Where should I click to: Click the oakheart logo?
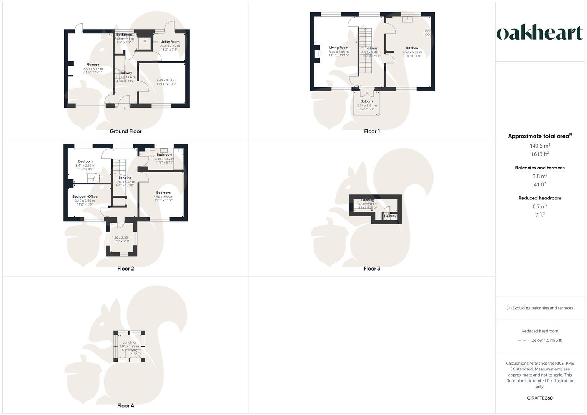click(x=539, y=33)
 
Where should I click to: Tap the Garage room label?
click(x=93, y=65)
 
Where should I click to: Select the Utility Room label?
click(x=170, y=42)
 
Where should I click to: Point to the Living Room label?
click(x=339, y=48)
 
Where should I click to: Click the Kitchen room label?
click(x=412, y=48)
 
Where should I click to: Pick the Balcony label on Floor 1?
click(x=367, y=101)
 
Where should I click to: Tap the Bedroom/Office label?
click(x=85, y=196)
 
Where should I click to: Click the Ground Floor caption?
click(x=126, y=131)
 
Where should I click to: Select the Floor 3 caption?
click(x=372, y=269)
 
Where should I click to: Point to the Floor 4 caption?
click(x=126, y=406)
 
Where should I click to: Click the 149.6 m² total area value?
click(x=540, y=146)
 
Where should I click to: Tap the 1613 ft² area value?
click(x=540, y=154)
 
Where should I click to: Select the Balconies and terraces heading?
click(x=540, y=168)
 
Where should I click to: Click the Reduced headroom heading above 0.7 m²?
click(x=540, y=198)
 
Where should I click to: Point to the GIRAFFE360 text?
click(x=540, y=398)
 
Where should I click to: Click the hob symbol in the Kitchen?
click(x=427, y=33)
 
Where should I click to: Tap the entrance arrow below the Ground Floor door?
click(x=124, y=108)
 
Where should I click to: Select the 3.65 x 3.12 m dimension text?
click(x=166, y=81)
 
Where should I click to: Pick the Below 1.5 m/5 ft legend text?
click(x=546, y=340)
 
